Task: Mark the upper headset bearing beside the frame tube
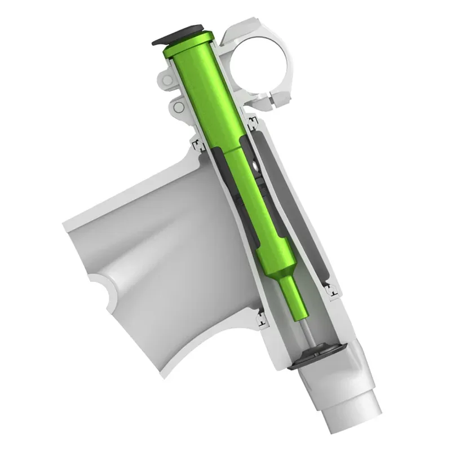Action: (197, 146)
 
